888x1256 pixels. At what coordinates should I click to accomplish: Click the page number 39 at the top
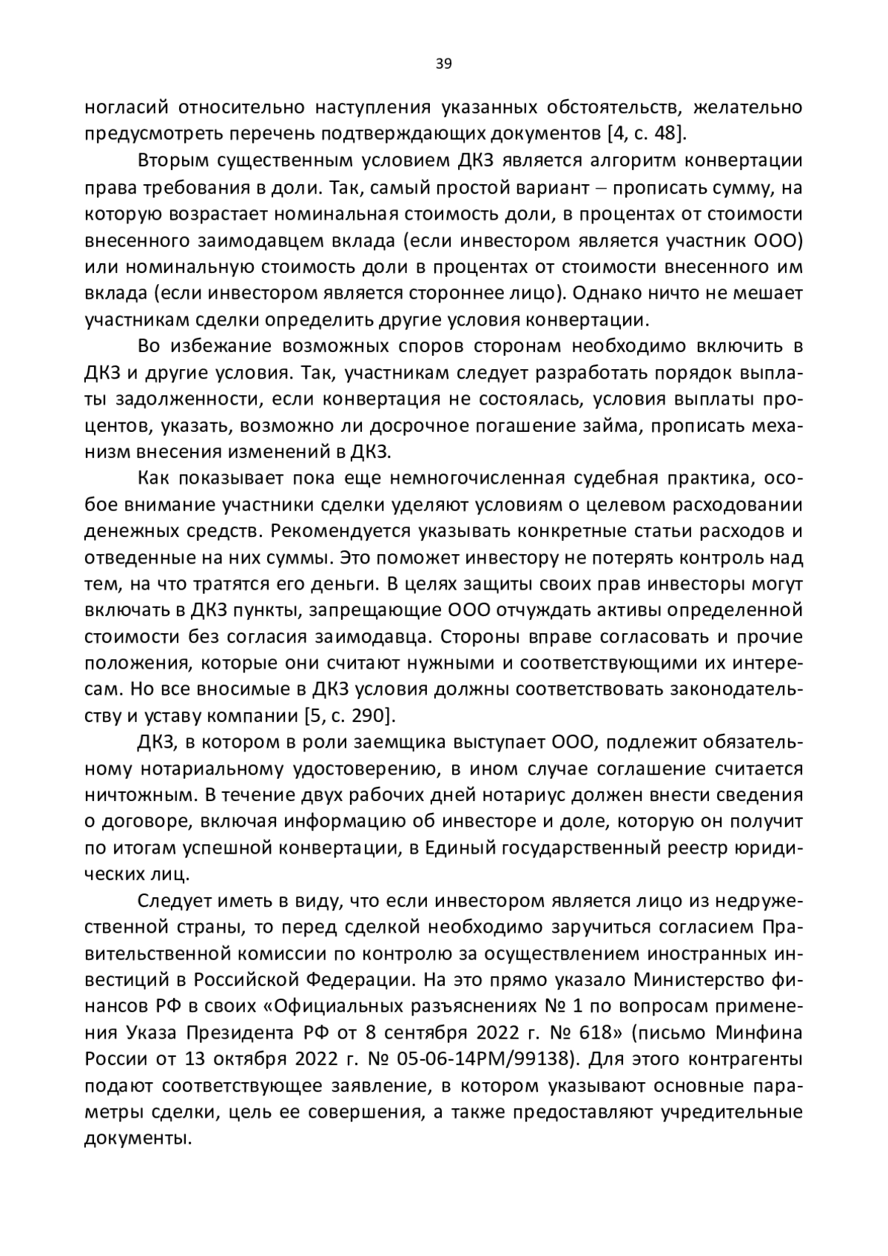coord(443,64)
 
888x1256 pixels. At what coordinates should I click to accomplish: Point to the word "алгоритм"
coord(642,161)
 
